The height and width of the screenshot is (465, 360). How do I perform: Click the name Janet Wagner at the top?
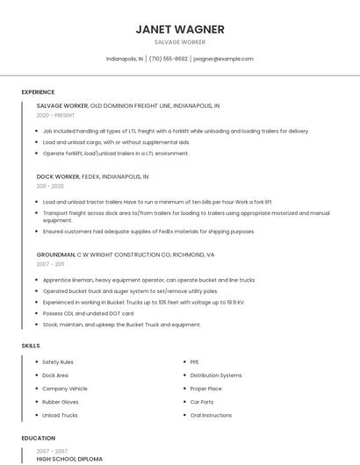click(x=180, y=29)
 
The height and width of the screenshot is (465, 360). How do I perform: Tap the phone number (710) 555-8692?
click(x=168, y=59)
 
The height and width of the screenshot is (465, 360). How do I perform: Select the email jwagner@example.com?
click(x=223, y=59)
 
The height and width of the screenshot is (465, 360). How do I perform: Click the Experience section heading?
click(x=38, y=92)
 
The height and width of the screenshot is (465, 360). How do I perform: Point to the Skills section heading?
click(x=31, y=346)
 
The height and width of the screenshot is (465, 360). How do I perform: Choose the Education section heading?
click(x=38, y=438)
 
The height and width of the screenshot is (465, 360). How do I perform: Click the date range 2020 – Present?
click(x=55, y=115)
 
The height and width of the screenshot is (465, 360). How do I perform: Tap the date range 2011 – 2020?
click(x=50, y=186)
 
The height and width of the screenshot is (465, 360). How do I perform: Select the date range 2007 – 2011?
click(x=50, y=263)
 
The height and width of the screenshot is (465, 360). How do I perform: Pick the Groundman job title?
click(x=55, y=254)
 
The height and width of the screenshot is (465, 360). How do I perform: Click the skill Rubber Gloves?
click(x=61, y=402)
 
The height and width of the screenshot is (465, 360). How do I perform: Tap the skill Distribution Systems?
click(x=215, y=376)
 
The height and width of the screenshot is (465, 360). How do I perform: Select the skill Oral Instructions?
click(x=211, y=415)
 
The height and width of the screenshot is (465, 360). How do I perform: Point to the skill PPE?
click(x=195, y=361)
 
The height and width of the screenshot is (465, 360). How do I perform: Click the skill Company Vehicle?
click(x=64, y=389)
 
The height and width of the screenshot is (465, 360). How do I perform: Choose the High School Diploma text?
click(x=69, y=459)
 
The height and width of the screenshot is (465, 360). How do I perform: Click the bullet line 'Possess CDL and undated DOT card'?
click(x=88, y=313)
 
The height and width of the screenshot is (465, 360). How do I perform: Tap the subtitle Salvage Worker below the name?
click(x=180, y=42)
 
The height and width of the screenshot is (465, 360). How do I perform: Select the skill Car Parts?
click(x=202, y=402)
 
